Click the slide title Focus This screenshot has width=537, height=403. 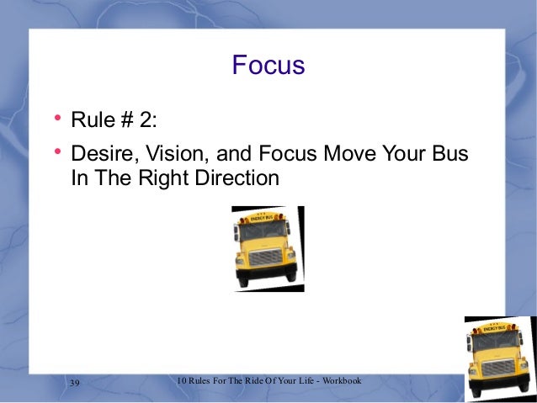pos(268,65)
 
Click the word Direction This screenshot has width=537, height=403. pos(238,178)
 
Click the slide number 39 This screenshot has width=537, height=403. pos(74,384)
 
